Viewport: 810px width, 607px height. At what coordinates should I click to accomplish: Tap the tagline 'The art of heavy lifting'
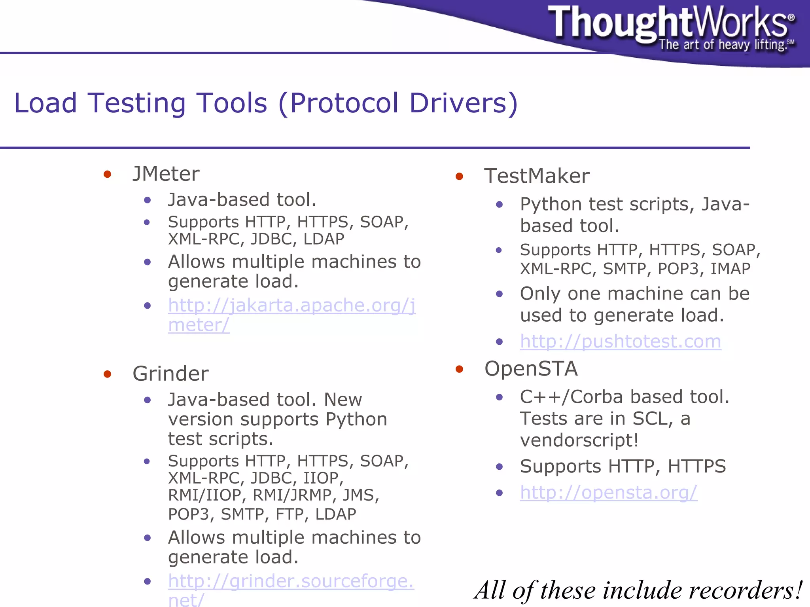[x=722, y=45]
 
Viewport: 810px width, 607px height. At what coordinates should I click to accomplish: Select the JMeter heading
[x=166, y=174]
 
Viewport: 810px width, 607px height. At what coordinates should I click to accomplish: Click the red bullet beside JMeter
[x=107, y=174]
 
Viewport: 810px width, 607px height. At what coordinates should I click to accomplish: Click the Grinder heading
[x=170, y=374]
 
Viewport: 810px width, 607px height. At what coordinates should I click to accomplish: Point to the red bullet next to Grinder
[x=107, y=374]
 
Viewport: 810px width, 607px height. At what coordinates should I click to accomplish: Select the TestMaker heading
[x=537, y=176]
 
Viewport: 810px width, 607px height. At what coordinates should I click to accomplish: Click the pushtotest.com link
[x=620, y=341]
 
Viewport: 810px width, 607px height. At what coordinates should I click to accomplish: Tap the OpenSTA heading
[x=531, y=369]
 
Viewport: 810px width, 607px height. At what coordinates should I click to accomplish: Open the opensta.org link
[x=608, y=493]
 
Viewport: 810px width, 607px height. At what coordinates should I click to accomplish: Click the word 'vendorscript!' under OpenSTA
[x=579, y=440]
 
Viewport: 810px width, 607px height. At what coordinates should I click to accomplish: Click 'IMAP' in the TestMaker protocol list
[x=730, y=269]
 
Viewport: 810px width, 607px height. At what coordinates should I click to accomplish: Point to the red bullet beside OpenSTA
[x=459, y=369]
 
